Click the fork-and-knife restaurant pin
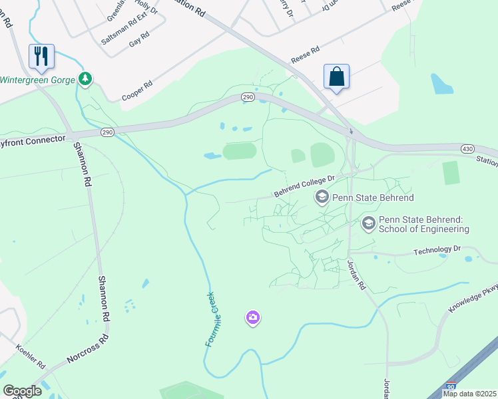(41, 56)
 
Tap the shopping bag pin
(336, 76)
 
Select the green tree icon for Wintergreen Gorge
(85, 79)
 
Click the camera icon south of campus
(252, 318)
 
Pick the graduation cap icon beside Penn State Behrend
(322, 197)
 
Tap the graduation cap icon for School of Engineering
(369, 224)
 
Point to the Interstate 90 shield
(451, 386)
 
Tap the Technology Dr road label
(437, 251)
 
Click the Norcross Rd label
(87, 350)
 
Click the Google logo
(22, 391)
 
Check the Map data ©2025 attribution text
(469, 394)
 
